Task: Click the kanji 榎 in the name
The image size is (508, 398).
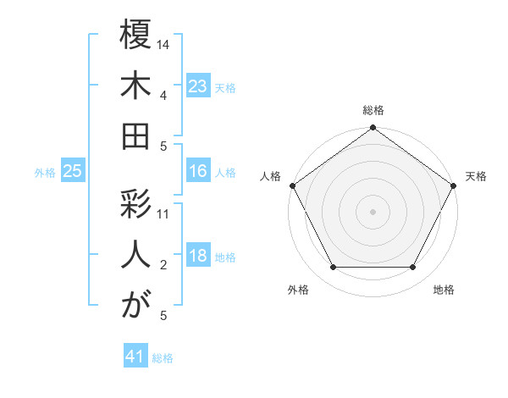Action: click(135, 36)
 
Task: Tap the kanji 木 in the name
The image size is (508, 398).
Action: click(135, 86)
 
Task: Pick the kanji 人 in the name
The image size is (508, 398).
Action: click(135, 256)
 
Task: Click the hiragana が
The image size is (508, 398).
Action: click(135, 306)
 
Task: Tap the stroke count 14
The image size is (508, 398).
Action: click(164, 43)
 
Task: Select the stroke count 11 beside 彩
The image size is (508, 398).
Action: click(164, 213)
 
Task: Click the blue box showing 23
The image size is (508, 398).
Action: click(198, 86)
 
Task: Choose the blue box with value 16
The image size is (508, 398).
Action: click(198, 171)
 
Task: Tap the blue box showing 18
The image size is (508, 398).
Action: click(198, 257)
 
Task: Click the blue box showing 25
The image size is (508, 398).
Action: click(72, 172)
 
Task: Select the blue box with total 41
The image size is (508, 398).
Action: click(135, 357)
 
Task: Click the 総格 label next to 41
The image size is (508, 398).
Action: click(163, 358)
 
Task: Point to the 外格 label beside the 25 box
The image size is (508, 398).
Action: click(45, 173)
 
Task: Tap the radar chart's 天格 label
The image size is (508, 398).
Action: click(477, 176)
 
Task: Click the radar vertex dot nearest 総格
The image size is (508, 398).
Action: click(373, 129)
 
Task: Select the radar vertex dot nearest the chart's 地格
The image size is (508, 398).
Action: click(413, 268)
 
